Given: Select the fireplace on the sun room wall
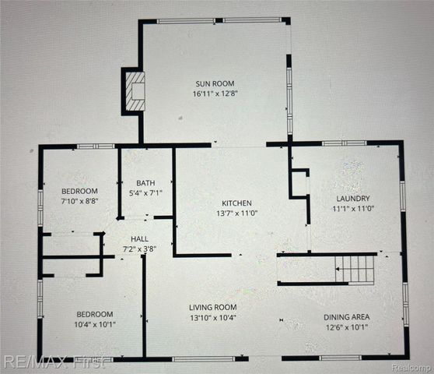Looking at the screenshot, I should tap(134, 91).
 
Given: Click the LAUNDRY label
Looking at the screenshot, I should tap(353, 198).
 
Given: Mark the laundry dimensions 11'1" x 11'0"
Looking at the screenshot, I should tap(353, 209).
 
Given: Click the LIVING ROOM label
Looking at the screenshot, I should tap(214, 307).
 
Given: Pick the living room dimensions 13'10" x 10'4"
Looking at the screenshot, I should tap(214, 318).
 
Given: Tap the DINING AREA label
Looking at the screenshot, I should tap(347, 316).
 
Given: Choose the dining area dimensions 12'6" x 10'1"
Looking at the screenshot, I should tap(347, 327).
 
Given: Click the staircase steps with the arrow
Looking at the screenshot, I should tap(354, 270).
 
